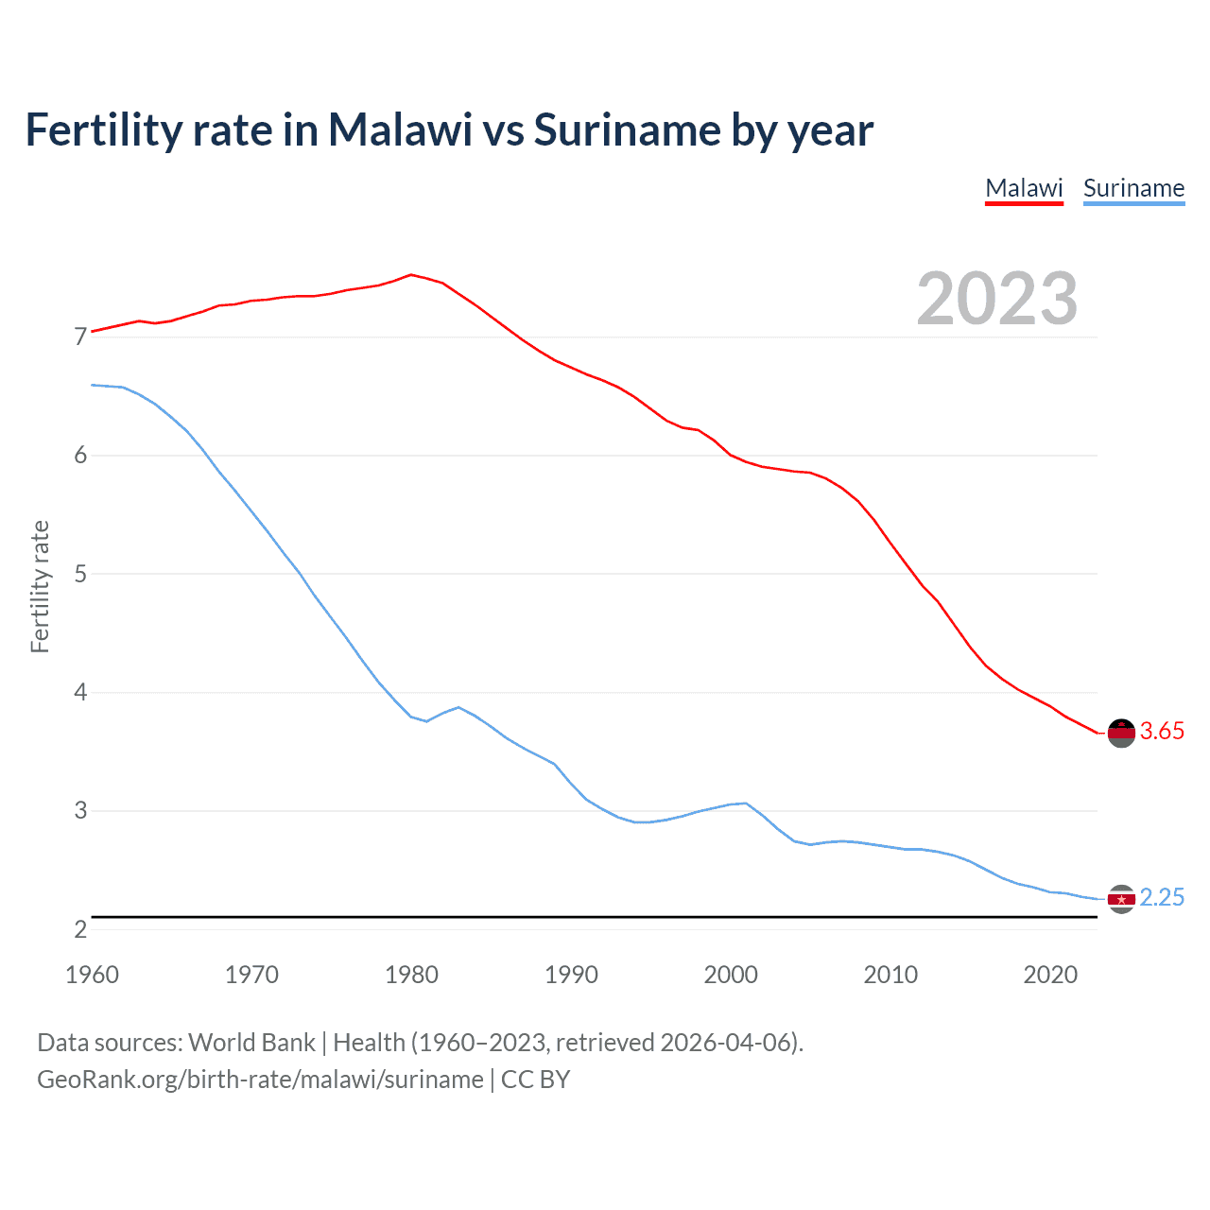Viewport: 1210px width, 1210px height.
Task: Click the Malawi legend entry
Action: click(x=1024, y=188)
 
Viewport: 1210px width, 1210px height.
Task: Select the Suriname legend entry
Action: click(x=1133, y=188)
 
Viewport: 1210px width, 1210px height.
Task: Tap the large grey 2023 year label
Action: click(x=997, y=299)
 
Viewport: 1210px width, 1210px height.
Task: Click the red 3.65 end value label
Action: click(x=1162, y=731)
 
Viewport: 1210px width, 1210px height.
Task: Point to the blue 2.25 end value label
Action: click(x=1162, y=897)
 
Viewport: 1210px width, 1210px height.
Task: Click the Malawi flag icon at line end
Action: click(x=1121, y=733)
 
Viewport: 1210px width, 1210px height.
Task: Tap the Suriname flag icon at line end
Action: click(x=1121, y=899)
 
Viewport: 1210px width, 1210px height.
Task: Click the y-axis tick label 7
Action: click(x=80, y=337)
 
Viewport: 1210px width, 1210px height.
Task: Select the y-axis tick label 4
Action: click(x=80, y=692)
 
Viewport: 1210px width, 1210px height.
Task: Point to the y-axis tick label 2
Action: click(x=80, y=929)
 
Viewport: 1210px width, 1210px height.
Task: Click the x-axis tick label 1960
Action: click(x=92, y=975)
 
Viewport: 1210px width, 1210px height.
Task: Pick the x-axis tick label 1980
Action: click(x=411, y=975)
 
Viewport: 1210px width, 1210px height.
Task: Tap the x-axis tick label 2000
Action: click(x=731, y=975)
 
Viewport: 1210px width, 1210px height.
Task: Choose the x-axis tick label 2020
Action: click(x=1050, y=975)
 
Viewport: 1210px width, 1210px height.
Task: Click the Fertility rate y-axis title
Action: click(x=40, y=586)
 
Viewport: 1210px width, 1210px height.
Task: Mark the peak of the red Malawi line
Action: click(x=410, y=274)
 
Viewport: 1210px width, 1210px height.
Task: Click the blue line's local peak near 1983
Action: click(x=458, y=707)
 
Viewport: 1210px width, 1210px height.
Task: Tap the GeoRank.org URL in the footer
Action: click(x=260, y=1080)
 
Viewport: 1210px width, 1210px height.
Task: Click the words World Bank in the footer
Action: click(x=251, y=1043)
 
